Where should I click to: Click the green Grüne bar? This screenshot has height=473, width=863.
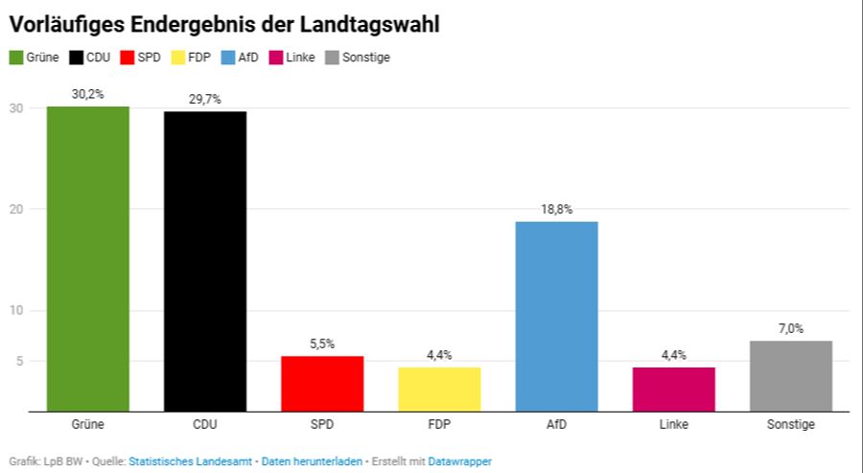tap(88, 259)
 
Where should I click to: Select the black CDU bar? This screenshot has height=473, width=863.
tap(205, 261)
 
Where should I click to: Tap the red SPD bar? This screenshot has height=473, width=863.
tap(322, 384)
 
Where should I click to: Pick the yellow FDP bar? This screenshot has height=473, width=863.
tap(439, 389)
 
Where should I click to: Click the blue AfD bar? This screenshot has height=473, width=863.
tap(556, 317)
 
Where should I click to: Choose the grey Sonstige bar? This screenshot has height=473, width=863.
tap(790, 376)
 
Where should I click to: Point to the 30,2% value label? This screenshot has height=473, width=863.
tap(88, 94)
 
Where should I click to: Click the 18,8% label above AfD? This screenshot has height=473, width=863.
tap(556, 209)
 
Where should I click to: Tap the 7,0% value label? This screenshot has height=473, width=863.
tap(790, 328)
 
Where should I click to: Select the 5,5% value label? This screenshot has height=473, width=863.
tap(322, 343)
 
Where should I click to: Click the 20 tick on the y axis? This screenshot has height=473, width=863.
tap(16, 209)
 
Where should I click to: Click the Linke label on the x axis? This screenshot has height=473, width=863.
tap(673, 424)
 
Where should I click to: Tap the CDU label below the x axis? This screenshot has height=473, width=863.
tap(205, 424)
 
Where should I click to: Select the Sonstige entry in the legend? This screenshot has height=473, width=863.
tap(365, 58)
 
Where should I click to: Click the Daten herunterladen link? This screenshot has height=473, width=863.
tap(312, 461)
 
